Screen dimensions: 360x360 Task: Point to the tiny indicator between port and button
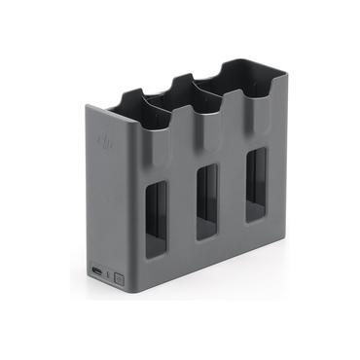coord(108,272)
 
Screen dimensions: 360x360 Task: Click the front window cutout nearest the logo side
coord(157,218)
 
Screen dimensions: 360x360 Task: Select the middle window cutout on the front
coord(206,200)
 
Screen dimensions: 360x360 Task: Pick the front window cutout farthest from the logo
coord(255,183)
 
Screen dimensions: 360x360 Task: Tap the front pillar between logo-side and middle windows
coord(182,209)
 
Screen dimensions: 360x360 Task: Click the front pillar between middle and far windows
coord(232,192)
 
